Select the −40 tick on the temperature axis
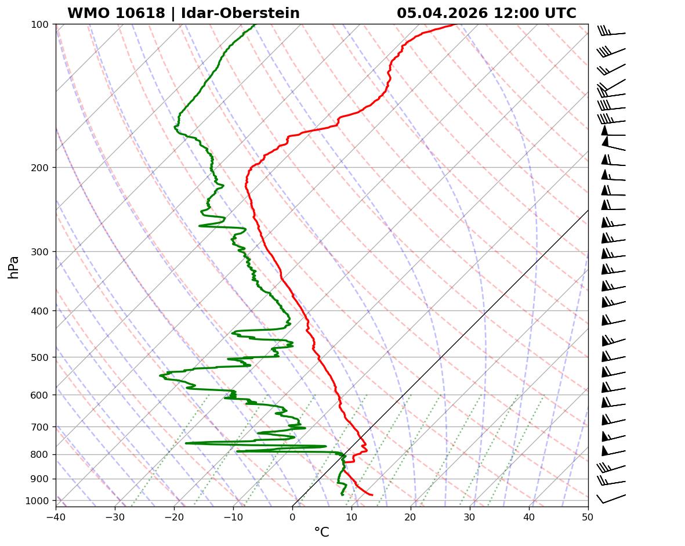coord(56,516)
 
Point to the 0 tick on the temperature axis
coord(292,516)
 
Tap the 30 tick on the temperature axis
coord(470,516)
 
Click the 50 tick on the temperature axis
coord(588,516)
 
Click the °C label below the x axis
coord(321,532)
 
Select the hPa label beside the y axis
coord(14,267)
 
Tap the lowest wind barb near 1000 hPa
coord(610,499)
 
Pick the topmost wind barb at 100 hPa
coord(611,32)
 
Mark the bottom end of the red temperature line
coord(372,495)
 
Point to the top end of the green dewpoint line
coord(255,25)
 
